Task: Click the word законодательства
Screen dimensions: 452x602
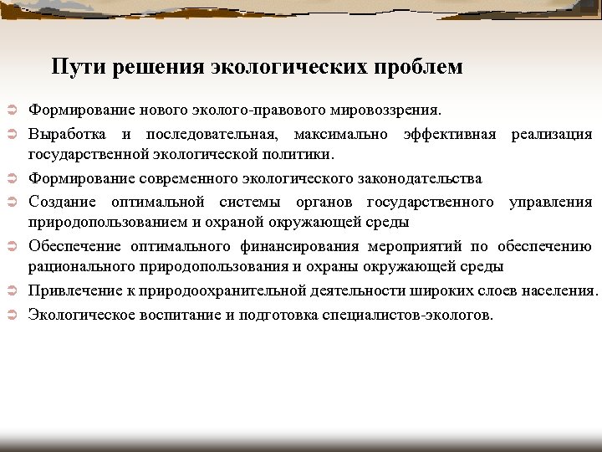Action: pyautogui.click(x=416, y=178)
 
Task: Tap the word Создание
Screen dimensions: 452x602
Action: pyautogui.click(x=63, y=202)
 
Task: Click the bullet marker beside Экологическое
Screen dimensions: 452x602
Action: pyautogui.click(x=12, y=316)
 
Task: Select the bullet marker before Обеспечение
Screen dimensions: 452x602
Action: pyautogui.click(x=12, y=247)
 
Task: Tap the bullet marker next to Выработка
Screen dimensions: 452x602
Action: pyautogui.click(x=12, y=135)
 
